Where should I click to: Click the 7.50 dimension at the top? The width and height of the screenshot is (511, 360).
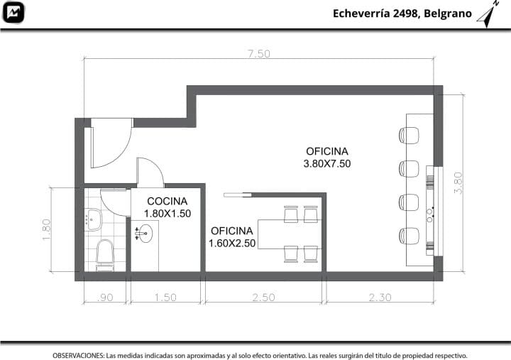[x=259, y=53]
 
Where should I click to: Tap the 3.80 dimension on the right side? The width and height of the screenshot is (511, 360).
[x=458, y=183]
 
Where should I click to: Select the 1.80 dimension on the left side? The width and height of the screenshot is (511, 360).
[x=47, y=229]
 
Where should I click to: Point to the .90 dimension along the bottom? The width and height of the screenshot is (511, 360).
[x=105, y=298]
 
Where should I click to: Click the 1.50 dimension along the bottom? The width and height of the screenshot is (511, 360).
[x=165, y=298]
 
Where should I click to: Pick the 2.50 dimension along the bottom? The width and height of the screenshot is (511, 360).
[x=263, y=298]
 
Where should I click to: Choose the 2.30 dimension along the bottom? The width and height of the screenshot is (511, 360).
[x=380, y=298]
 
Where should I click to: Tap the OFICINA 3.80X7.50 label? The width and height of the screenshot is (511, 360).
[x=327, y=157]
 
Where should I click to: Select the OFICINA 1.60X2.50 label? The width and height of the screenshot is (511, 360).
[x=231, y=236]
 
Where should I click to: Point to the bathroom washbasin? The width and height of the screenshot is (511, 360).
[x=94, y=219]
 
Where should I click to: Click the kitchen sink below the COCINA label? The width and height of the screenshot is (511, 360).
[x=143, y=234]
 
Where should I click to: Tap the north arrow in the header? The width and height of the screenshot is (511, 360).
[x=488, y=15]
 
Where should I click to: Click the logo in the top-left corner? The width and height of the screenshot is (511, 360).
[x=13, y=12]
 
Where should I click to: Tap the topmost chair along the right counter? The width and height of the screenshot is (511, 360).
[x=409, y=136]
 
